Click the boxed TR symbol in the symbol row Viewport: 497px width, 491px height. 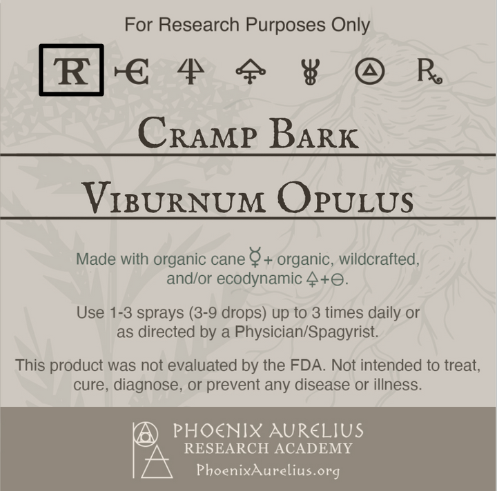(x=71, y=70)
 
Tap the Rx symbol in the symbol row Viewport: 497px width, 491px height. (x=429, y=72)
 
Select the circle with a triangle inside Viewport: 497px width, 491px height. (x=369, y=72)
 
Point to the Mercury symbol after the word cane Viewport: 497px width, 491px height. (x=256, y=260)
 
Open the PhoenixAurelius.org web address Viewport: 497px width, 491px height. (x=268, y=470)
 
